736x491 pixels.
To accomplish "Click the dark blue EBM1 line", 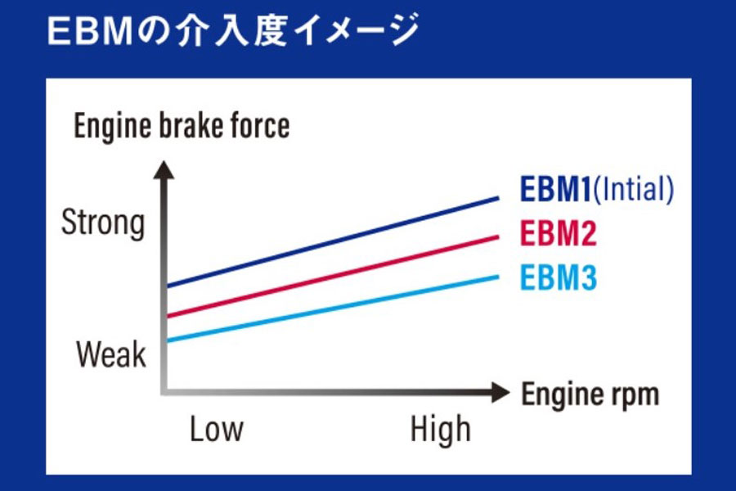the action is [333, 242].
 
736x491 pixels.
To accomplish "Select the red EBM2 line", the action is [333, 277].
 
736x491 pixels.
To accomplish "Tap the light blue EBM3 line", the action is [333, 309].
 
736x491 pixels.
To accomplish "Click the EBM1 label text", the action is [556, 189].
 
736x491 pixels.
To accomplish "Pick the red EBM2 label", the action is [558, 233].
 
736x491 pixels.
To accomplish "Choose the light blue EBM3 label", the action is [558, 277].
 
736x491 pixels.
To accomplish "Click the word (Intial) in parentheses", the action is [633, 189].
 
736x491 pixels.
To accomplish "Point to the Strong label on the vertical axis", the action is [103, 223].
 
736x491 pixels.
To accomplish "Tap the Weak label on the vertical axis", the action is [110, 354].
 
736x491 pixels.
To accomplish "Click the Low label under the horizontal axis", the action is [217, 429].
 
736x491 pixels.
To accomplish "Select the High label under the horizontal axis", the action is [440, 429].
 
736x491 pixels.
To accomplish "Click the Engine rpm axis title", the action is [590, 394].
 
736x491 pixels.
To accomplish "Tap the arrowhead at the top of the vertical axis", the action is [164, 170].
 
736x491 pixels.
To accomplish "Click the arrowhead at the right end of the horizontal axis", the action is [500, 392].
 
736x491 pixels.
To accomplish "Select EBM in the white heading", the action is [90, 32].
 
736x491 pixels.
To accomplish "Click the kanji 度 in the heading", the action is [271, 30].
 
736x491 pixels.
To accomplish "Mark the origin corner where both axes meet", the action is [164, 391].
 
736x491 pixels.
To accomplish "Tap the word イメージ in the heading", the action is [356, 30].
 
